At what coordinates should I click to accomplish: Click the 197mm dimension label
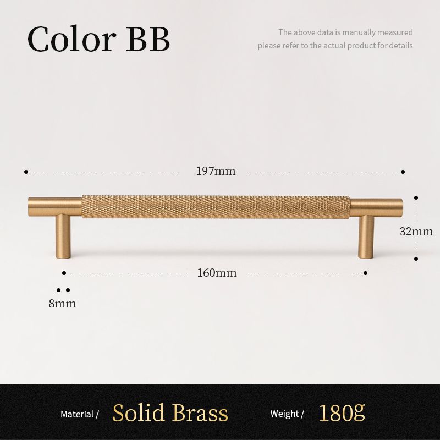(x=216, y=171)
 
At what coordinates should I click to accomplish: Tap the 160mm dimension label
(x=217, y=273)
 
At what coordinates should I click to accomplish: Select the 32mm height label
(x=416, y=232)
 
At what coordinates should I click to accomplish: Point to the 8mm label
(x=62, y=304)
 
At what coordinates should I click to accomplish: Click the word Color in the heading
(x=72, y=38)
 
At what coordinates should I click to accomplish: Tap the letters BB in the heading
(x=148, y=38)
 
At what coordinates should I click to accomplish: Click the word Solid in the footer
(x=139, y=413)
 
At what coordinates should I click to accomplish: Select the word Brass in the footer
(x=200, y=413)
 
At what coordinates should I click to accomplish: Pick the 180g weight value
(x=342, y=413)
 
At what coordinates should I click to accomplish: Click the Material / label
(x=80, y=414)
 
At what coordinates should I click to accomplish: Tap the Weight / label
(x=287, y=414)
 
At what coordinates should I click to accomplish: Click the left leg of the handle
(x=63, y=236)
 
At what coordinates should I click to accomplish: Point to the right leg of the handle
(x=366, y=237)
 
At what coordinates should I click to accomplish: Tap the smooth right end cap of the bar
(x=376, y=208)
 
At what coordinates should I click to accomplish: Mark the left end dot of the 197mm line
(x=26, y=172)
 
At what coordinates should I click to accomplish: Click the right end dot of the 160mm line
(x=365, y=273)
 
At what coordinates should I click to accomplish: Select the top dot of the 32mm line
(x=416, y=198)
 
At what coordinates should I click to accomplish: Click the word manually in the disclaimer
(x=359, y=32)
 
